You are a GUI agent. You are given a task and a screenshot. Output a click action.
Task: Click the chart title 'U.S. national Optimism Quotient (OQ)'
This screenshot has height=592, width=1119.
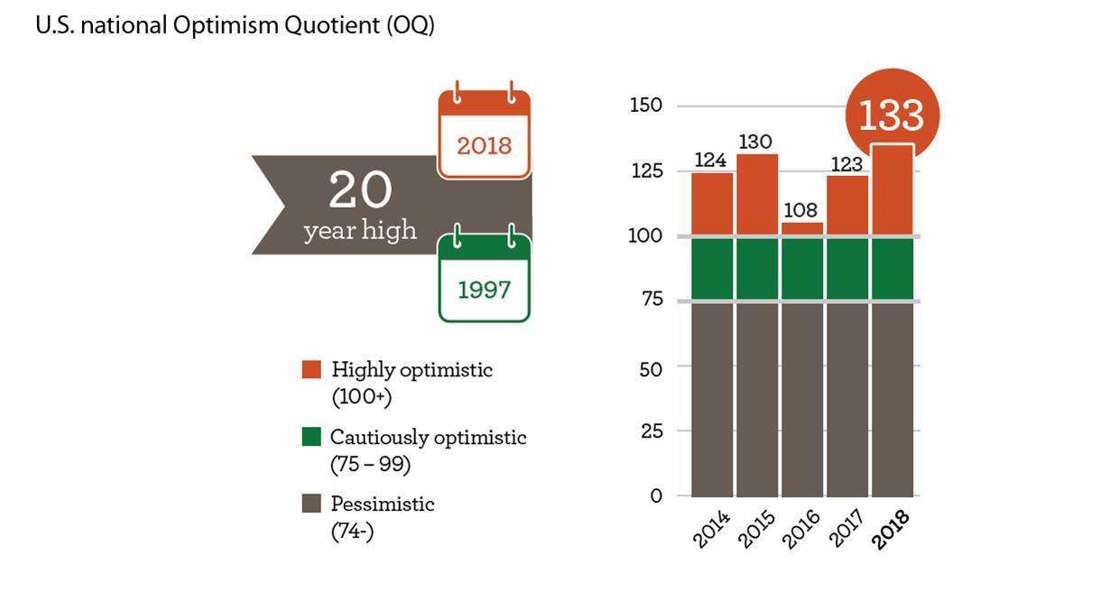[235, 26]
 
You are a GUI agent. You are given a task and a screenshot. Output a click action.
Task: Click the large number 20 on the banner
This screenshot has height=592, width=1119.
[361, 191]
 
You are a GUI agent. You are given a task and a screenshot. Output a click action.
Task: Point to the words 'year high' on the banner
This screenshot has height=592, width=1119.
[361, 231]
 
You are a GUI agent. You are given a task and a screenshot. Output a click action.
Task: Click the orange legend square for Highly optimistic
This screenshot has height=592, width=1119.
[311, 369]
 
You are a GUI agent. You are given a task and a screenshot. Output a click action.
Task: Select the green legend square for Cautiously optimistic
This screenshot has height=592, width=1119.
[311, 438]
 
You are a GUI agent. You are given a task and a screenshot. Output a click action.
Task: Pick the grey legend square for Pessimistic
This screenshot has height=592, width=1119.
[311, 504]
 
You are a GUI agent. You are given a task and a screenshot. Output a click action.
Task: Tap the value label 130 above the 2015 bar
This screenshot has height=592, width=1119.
[757, 143]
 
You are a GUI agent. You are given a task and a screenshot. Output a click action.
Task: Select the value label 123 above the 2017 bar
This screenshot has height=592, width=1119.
[846, 164]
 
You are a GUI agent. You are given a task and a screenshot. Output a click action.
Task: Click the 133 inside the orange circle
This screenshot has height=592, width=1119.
[892, 116]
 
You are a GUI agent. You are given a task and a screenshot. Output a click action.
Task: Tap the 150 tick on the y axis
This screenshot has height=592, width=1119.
[645, 106]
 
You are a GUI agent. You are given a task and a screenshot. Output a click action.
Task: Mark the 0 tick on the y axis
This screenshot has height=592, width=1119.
[656, 495]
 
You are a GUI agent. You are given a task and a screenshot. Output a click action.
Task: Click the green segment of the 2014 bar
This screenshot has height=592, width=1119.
[712, 269]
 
